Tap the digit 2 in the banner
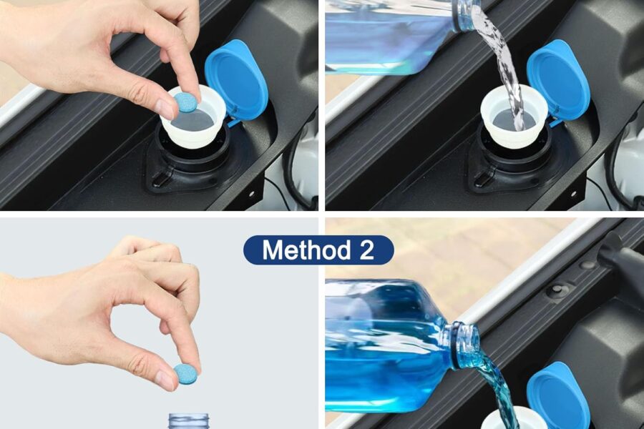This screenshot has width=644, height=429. (x=365, y=250)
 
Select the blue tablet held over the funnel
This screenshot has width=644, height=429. (x=186, y=102)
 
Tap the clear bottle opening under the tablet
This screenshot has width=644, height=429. (x=189, y=420)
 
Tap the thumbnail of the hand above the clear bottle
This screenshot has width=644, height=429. (x=165, y=379)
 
